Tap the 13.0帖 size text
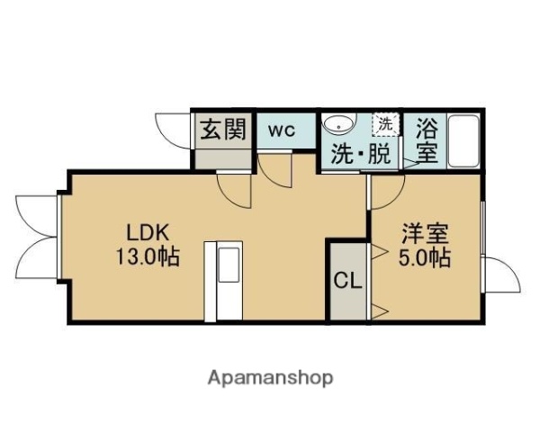tap(146, 256)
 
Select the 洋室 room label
tap(425, 232)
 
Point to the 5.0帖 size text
tap(425, 258)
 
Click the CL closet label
tap(347, 280)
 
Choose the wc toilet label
tap(283, 130)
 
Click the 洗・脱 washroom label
tap(361, 154)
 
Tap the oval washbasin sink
tap(340, 124)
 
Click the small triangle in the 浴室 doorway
tap(409, 163)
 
